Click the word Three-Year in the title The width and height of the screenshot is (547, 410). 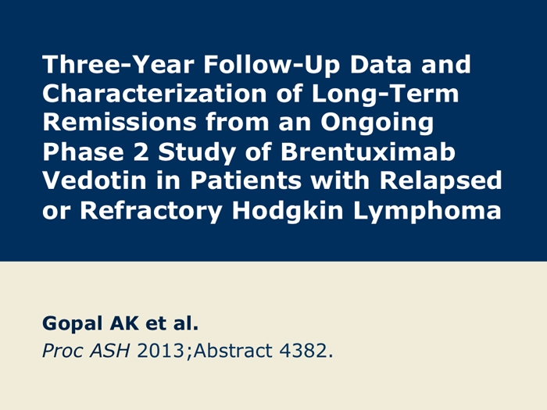(x=118, y=65)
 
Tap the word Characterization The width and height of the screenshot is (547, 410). (x=155, y=94)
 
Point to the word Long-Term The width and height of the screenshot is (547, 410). (x=385, y=94)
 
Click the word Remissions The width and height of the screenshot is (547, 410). (x=120, y=123)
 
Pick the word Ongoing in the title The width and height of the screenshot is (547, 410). (x=377, y=123)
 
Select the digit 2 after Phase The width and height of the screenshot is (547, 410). (x=141, y=152)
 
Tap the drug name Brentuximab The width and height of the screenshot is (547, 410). (x=368, y=152)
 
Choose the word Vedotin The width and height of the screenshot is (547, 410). (x=95, y=180)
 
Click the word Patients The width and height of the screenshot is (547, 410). (x=245, y=180)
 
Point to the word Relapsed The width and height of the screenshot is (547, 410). (x=441, y=181)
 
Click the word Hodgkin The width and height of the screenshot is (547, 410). (x=288, y=211)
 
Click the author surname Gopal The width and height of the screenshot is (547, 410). (x=72, y=324)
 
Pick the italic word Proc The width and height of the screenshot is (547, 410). (x=62, y=351)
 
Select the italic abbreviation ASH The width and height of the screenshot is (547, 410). (x=110, y=351)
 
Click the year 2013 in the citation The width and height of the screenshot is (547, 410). (x=160, y=351)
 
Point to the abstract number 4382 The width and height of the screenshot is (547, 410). (x=303, y=351)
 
